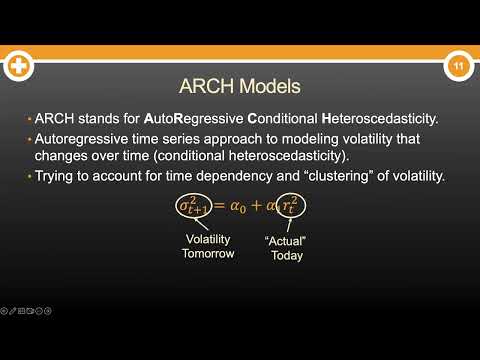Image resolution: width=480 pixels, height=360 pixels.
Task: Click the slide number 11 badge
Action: tap(457, 67)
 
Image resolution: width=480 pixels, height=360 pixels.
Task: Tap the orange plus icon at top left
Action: tap(18, 67)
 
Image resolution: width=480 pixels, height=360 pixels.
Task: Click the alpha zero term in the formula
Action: tap(236, 206)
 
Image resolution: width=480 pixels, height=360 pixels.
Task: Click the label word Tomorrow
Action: tap(208, 253)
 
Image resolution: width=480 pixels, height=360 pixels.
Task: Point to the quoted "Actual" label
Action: tap(285, 241)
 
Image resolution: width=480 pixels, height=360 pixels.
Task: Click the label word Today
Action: tap(285, 256)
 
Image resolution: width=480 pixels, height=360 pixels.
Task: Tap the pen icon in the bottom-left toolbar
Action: tap(13, 311)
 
